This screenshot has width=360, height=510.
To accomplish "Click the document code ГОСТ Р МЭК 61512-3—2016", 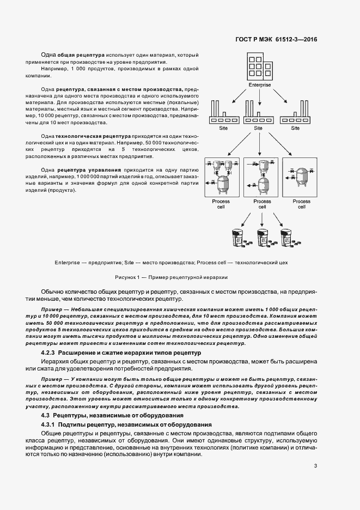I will pyautogui.click(x=276, y=40).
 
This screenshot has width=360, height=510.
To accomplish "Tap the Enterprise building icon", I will pyautogui.click(x=259, y=66).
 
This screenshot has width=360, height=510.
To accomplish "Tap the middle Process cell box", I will pyautogui.click(x=262, y=178).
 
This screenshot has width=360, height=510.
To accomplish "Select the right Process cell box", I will pyautogui.click(x=301, y=178).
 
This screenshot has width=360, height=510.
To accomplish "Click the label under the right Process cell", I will pyautogui.click(x=301, y=204).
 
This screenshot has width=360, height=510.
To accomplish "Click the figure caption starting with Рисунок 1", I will pyautogui.click(x=175, y=277).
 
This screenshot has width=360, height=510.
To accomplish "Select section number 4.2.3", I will pyautogui.click(x=51, y=353).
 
